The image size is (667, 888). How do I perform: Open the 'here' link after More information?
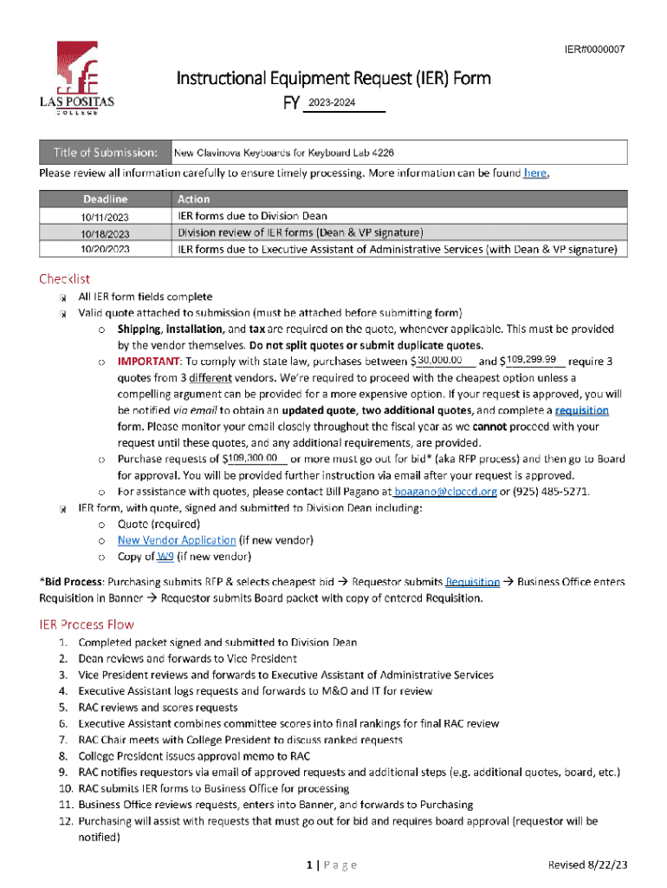tap(534, 173)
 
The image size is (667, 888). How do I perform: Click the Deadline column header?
tap(106, 199)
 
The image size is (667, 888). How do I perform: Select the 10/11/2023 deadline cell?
tap(105, 216)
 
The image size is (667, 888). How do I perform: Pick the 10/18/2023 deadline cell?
tap(105, 233)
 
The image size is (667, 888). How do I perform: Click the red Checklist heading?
tap(64, 278)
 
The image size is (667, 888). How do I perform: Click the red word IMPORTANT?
tap(149, 361)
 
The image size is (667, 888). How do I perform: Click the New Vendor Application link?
tap(176, 540)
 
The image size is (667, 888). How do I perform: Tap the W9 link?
tap(165, 557)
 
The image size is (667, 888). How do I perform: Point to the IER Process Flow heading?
tap(87, 624)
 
